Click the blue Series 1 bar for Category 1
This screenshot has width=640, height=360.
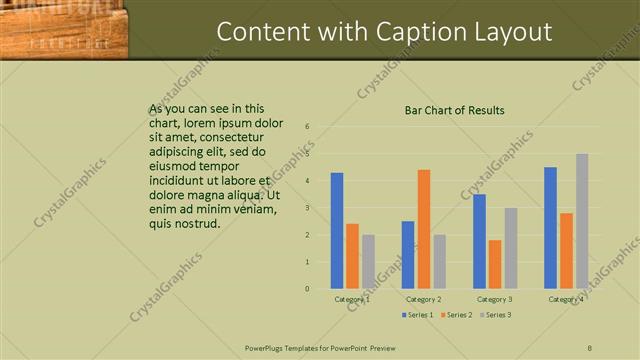337,231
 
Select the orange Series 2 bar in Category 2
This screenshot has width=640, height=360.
423,229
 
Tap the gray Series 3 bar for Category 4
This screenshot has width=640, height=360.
581,221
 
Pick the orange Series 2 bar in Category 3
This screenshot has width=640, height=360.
495,264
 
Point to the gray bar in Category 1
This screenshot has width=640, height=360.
368,262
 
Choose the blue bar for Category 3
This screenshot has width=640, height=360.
479,241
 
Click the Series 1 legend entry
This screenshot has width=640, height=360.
418,315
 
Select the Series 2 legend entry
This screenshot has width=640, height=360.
455,315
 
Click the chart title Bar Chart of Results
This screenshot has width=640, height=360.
454,110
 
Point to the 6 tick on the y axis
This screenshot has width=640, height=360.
307,127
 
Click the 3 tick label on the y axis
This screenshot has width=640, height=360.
307,208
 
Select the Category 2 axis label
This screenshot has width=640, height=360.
423,299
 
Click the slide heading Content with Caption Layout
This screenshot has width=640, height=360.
384,32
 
